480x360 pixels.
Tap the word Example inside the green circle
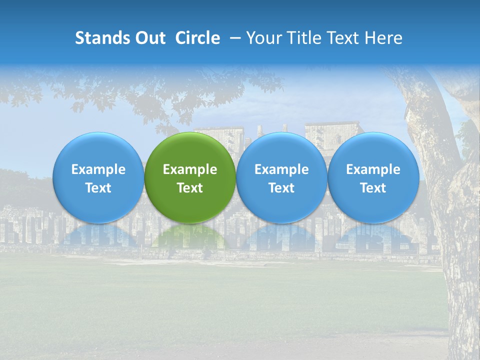click(190, 169)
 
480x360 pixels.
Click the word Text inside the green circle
click(190, 188)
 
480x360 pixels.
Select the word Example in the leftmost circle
click(98, 169)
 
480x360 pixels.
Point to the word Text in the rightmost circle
click(373, 188)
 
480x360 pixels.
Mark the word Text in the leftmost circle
click(98, 188)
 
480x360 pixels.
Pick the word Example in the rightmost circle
click(373, 169)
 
